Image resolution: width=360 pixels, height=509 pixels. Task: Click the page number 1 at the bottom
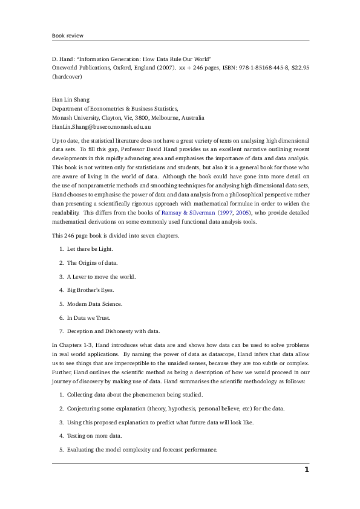pos(306,470)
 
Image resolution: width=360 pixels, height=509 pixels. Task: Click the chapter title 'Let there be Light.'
pos(90,248)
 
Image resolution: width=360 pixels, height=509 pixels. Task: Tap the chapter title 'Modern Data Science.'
pos(94,304)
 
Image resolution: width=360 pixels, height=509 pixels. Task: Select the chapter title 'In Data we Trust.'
pos(88,318)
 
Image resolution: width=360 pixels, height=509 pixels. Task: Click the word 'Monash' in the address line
pos(63,118)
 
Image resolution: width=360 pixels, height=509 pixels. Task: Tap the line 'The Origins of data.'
pos(92,262)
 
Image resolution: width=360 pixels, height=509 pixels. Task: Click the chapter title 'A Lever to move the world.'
pos(102,276)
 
